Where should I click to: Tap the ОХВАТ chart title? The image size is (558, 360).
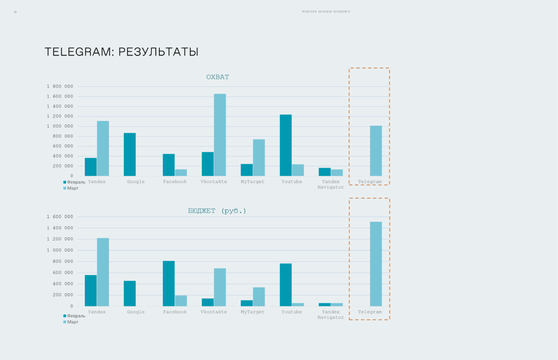point(218,77)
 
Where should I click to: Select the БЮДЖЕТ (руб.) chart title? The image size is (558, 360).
point(217,211)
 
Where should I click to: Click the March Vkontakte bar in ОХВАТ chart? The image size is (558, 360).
point(220,135)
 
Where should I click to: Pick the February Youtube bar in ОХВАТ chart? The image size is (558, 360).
point(286,145)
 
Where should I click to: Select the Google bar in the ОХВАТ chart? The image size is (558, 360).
point(130,154)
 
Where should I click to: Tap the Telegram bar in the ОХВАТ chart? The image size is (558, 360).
point(376,151)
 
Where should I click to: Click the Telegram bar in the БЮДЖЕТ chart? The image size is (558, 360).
point(376,264)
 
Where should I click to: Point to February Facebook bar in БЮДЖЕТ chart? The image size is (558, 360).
point(168,283)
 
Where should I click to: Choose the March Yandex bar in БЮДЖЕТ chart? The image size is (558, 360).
point(103,272)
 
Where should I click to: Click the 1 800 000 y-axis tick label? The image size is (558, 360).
point(60,87)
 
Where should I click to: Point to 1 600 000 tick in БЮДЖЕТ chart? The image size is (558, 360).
point(60,217)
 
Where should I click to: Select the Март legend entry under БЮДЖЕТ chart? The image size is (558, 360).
point(73,322)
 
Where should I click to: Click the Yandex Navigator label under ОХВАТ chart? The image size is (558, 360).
point(331,185)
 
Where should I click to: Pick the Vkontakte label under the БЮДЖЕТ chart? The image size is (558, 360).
point(214,312)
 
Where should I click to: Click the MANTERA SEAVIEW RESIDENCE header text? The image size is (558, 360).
point(326,12)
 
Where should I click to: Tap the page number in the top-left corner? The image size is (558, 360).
point(15,12)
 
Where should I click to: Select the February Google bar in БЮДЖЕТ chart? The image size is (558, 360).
point(130,293)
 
